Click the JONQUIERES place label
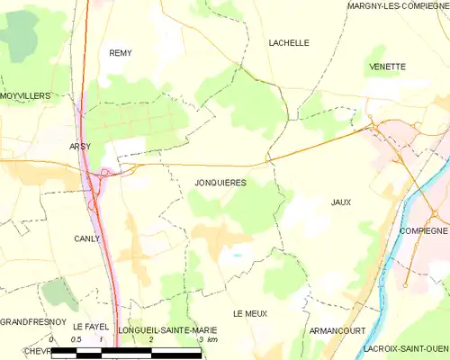click(220, 183)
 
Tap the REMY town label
click(121, 53)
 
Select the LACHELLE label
click(289, 42)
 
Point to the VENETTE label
click(387, 67)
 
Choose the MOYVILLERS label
click(24, 94)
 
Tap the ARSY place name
click(81, 146)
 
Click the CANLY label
click(86, 238)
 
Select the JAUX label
click(340, 202)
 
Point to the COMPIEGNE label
click(422, 231)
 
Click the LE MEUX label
click(250, 313)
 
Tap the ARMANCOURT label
click(335, 331)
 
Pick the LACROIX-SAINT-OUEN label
click(401, 347)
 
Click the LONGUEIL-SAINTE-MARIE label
click(168, 330)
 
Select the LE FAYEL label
click(90, 326)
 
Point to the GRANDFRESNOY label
click(30, 321)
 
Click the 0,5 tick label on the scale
click(77, 340)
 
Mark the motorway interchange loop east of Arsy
click(106, 172)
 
